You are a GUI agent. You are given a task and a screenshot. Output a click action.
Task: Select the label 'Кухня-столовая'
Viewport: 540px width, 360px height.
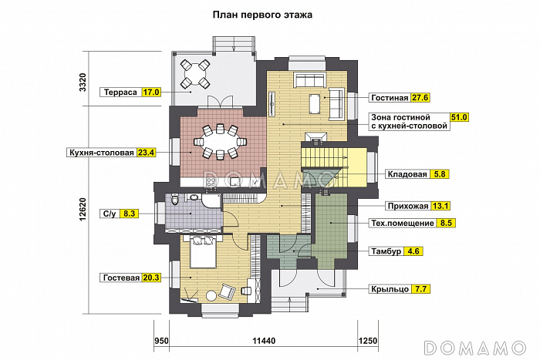[101, 153]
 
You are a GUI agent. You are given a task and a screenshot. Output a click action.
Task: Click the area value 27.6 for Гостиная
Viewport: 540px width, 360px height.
[420, 98]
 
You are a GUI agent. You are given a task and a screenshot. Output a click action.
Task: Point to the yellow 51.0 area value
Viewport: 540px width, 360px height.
[459, 117]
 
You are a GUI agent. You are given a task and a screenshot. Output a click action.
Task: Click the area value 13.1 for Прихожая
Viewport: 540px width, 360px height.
[442, 206]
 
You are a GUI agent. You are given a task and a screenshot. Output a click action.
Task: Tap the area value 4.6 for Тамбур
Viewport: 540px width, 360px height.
[413, 251]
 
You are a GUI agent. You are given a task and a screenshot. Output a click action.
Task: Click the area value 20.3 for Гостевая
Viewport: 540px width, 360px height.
[151, 278]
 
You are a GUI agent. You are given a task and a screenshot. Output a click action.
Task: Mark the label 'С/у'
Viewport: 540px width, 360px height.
[109, 213]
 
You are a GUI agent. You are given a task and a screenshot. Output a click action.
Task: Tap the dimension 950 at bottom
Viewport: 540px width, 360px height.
[160, 339]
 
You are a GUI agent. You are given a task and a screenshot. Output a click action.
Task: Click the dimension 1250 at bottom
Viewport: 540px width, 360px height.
[367, 339]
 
